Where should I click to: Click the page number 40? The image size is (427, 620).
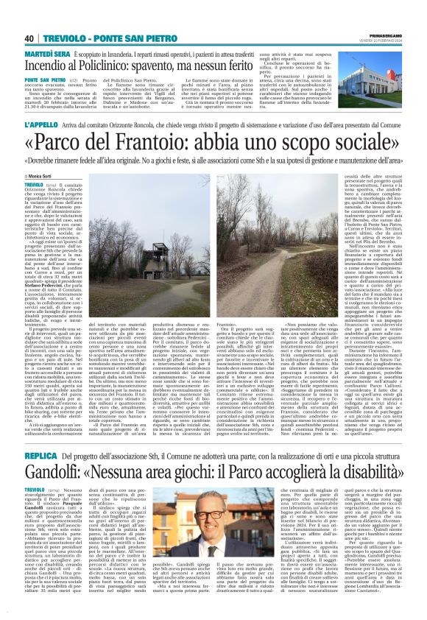[x=29, y=39]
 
